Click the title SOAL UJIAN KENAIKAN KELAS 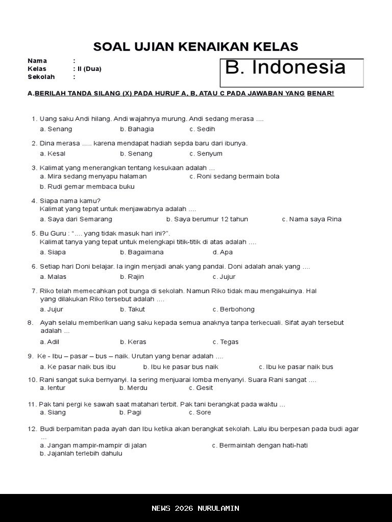195,47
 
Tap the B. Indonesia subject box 291,72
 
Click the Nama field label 37,61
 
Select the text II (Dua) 89,69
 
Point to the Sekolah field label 41,77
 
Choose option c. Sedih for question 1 202,129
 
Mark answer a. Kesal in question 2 53,153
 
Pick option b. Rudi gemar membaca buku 87,187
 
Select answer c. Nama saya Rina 311,219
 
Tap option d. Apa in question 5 223,252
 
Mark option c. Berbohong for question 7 233,309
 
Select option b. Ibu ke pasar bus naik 181,367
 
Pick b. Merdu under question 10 133,388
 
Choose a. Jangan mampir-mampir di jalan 93,445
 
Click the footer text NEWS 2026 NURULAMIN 195,508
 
